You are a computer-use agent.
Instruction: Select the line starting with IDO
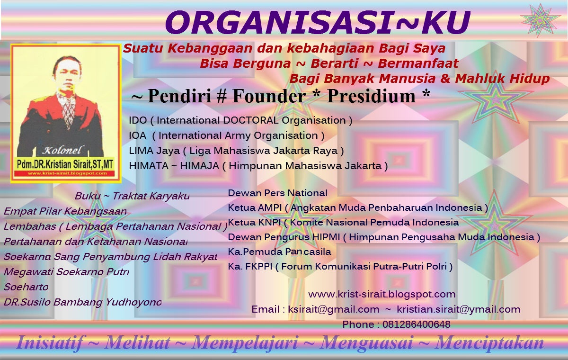(x=240, y=120)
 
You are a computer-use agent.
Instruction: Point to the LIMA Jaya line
(x=236, y=151)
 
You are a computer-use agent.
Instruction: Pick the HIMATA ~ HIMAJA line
(x=258, y=166)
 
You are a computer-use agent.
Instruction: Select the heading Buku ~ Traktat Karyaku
(x=132, y=196)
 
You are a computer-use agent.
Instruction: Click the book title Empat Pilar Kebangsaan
(x=65, y=211)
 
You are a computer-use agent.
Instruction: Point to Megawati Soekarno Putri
(x=66, y=272)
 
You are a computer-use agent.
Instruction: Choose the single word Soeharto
(x=26, y=287)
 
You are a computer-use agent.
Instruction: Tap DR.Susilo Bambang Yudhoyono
(x=82, y=302)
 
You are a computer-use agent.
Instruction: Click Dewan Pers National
(x=277, y=193)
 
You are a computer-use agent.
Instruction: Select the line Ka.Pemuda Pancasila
(x=279, y=252)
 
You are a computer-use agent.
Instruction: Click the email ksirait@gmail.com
(x=334, y=309)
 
